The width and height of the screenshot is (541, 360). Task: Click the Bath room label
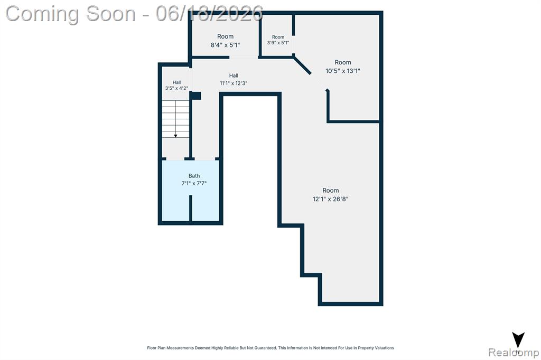point(194,176)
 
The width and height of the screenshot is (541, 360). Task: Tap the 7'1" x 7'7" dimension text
point(194,184)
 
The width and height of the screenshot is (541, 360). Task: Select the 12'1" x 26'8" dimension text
point(331,199)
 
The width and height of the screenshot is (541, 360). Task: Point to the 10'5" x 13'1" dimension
point(342,71)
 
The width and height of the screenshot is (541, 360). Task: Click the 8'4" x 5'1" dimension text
point(225,45)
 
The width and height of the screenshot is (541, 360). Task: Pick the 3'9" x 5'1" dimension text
point(278,43)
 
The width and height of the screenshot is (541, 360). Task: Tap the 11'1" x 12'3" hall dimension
point(234,83)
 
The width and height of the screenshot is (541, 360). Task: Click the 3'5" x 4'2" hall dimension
point(176,88)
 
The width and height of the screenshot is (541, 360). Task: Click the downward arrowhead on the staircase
point(175,136)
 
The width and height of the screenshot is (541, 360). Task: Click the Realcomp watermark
point(514,353)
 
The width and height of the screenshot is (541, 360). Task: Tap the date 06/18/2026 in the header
point(209,14)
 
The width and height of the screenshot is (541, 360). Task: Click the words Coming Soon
point(70,14)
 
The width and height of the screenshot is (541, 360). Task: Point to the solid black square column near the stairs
point(197,96)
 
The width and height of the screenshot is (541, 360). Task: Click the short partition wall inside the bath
point(190,209)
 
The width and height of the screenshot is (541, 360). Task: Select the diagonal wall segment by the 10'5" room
point(302,65)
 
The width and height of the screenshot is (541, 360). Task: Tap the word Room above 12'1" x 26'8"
point(331,191)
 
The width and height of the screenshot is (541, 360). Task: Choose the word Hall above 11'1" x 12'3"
point(234,75)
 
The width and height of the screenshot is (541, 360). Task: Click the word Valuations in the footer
point(385,348)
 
